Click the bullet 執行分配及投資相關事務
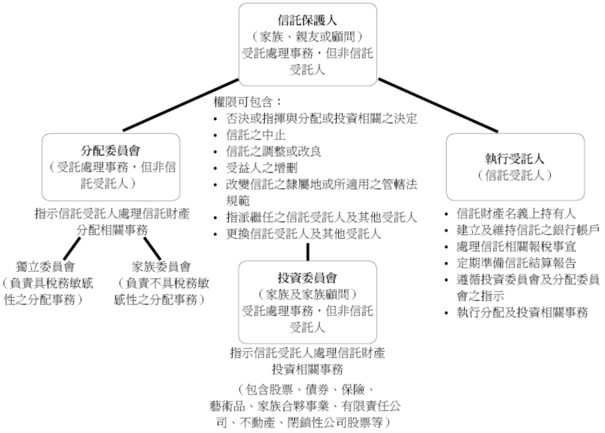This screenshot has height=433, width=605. click(x=521, y=313)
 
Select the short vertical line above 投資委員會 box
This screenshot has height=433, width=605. click(x=307, y=251)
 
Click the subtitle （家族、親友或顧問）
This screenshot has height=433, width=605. click(x=308, y=37)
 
